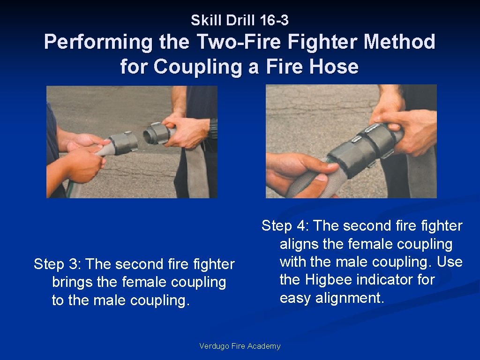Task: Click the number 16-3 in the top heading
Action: click(274, 20)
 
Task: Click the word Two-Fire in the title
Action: click(239, 42)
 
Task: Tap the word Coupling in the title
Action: click(198, 67)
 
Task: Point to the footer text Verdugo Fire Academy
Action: click(240, 346)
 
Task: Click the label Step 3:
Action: click(57, 264)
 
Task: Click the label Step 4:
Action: click(285, 226)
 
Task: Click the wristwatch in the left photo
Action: click(214, 128)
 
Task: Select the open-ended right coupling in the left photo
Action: click(157, 133)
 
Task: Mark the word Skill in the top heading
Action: click(206, 20)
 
